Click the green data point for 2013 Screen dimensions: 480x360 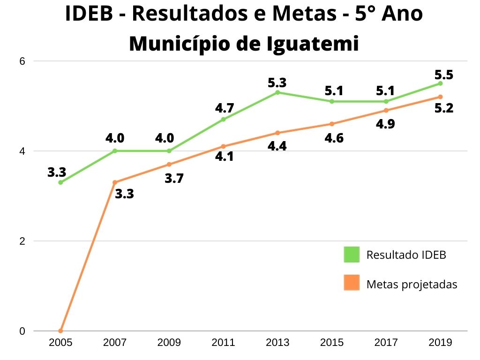pos(277,92)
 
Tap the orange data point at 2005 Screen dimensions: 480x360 pos(60,330)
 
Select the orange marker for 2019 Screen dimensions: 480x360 pos(440,97)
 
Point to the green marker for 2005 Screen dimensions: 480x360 pos(60,182)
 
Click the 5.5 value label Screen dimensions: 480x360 pos(444,75)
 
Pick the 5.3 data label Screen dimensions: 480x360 pos(277,83)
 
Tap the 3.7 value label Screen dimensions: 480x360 pos(174,179)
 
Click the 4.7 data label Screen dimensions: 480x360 pos(225,108)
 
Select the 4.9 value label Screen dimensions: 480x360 pos(385,124)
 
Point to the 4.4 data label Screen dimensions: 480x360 pos(277,146)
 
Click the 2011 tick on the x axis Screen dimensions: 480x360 pos(223,342)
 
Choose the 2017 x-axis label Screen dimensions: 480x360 pos(386,342)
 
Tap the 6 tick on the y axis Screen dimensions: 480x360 pos(22,61)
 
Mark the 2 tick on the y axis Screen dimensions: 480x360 pos(22,241)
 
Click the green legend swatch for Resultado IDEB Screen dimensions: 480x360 pos(352,255)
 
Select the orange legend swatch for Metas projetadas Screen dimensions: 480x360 pos(352,283)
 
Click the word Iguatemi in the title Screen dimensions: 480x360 pos(313,44)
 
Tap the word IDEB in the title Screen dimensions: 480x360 pos(89,14)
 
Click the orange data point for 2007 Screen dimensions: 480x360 pos(115,182)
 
